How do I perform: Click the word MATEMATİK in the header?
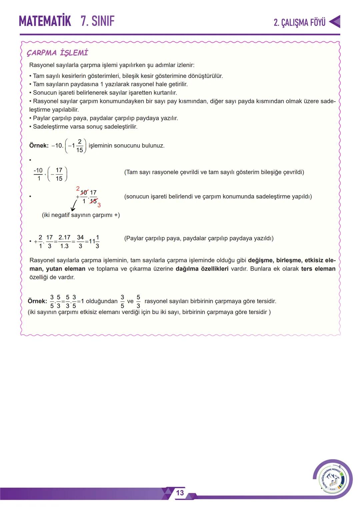pos(45,21)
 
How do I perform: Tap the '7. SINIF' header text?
pos(97,21)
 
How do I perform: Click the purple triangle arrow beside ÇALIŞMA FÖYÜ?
pos(335,22)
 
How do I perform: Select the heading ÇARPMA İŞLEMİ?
pos(57,53)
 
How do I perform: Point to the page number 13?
pos(180,493)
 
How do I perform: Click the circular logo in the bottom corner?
pos(332,479)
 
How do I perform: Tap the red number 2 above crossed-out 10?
pos(78,189)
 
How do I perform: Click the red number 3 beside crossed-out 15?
pos(99,205)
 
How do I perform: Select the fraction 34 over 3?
pos(80,242)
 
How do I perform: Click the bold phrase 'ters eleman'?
pos(318,269)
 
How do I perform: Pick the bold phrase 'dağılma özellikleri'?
pos(202,269)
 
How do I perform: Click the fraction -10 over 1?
pos(38,174)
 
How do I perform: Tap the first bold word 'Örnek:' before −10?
pos(39,146)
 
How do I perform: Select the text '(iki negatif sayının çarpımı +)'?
pos(81,215)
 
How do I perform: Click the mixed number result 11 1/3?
pos(94,242)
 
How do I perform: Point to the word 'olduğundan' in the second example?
pos(102,301)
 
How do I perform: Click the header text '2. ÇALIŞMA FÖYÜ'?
pos(299,22)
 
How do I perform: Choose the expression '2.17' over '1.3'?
pos(64,242)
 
